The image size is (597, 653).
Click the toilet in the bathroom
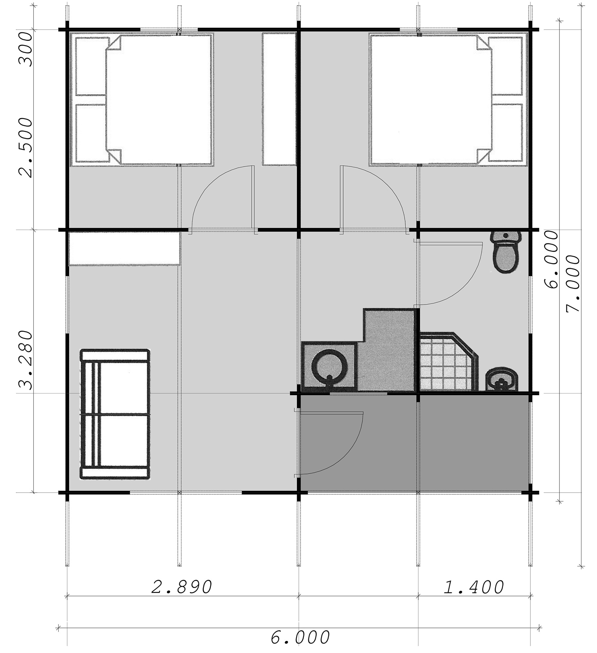[505, 252]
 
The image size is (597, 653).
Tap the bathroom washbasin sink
[501, 379]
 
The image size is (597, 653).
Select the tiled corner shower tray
[448, 362]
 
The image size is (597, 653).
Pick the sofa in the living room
[115, 414]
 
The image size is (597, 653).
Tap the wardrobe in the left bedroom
[279, 99]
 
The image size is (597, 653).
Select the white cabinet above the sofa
[124, 248]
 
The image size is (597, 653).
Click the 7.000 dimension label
[573, 284]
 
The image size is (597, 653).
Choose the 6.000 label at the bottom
[300, 637]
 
